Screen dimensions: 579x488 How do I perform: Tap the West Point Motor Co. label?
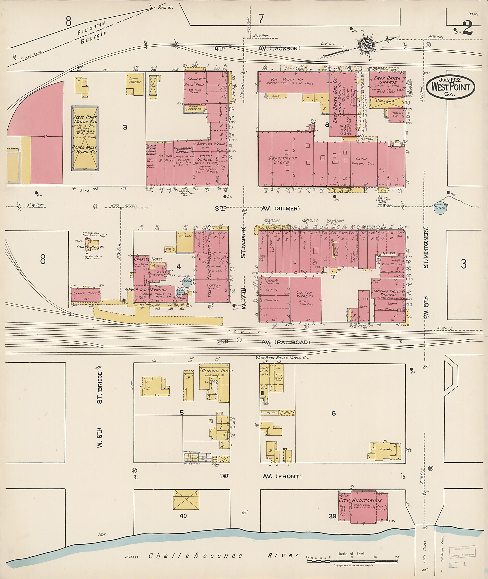(x=85, y=120)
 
